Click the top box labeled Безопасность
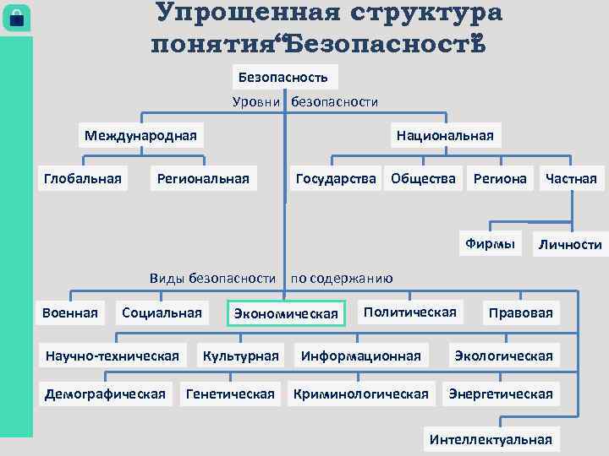click(x=283, y=77)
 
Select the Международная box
click(x=140, y=135)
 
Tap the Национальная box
click(x=444, y=135)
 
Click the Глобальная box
click(x=82, y=178)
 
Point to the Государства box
click(x=336, y=178)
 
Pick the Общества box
click(x=423, y=178)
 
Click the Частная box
click(x=571, y=178)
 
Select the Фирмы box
click(x=489, y=244)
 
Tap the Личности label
click(x=568, y=245)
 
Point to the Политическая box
click(x=409, y=312)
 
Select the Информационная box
click(x=361, y=356)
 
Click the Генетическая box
click(x=230, y=394)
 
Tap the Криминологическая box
click(x=361, y=394)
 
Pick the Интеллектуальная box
click(x=491, y=439)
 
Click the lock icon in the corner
click(x=16, y=19)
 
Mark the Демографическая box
click(x=105, y=394)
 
